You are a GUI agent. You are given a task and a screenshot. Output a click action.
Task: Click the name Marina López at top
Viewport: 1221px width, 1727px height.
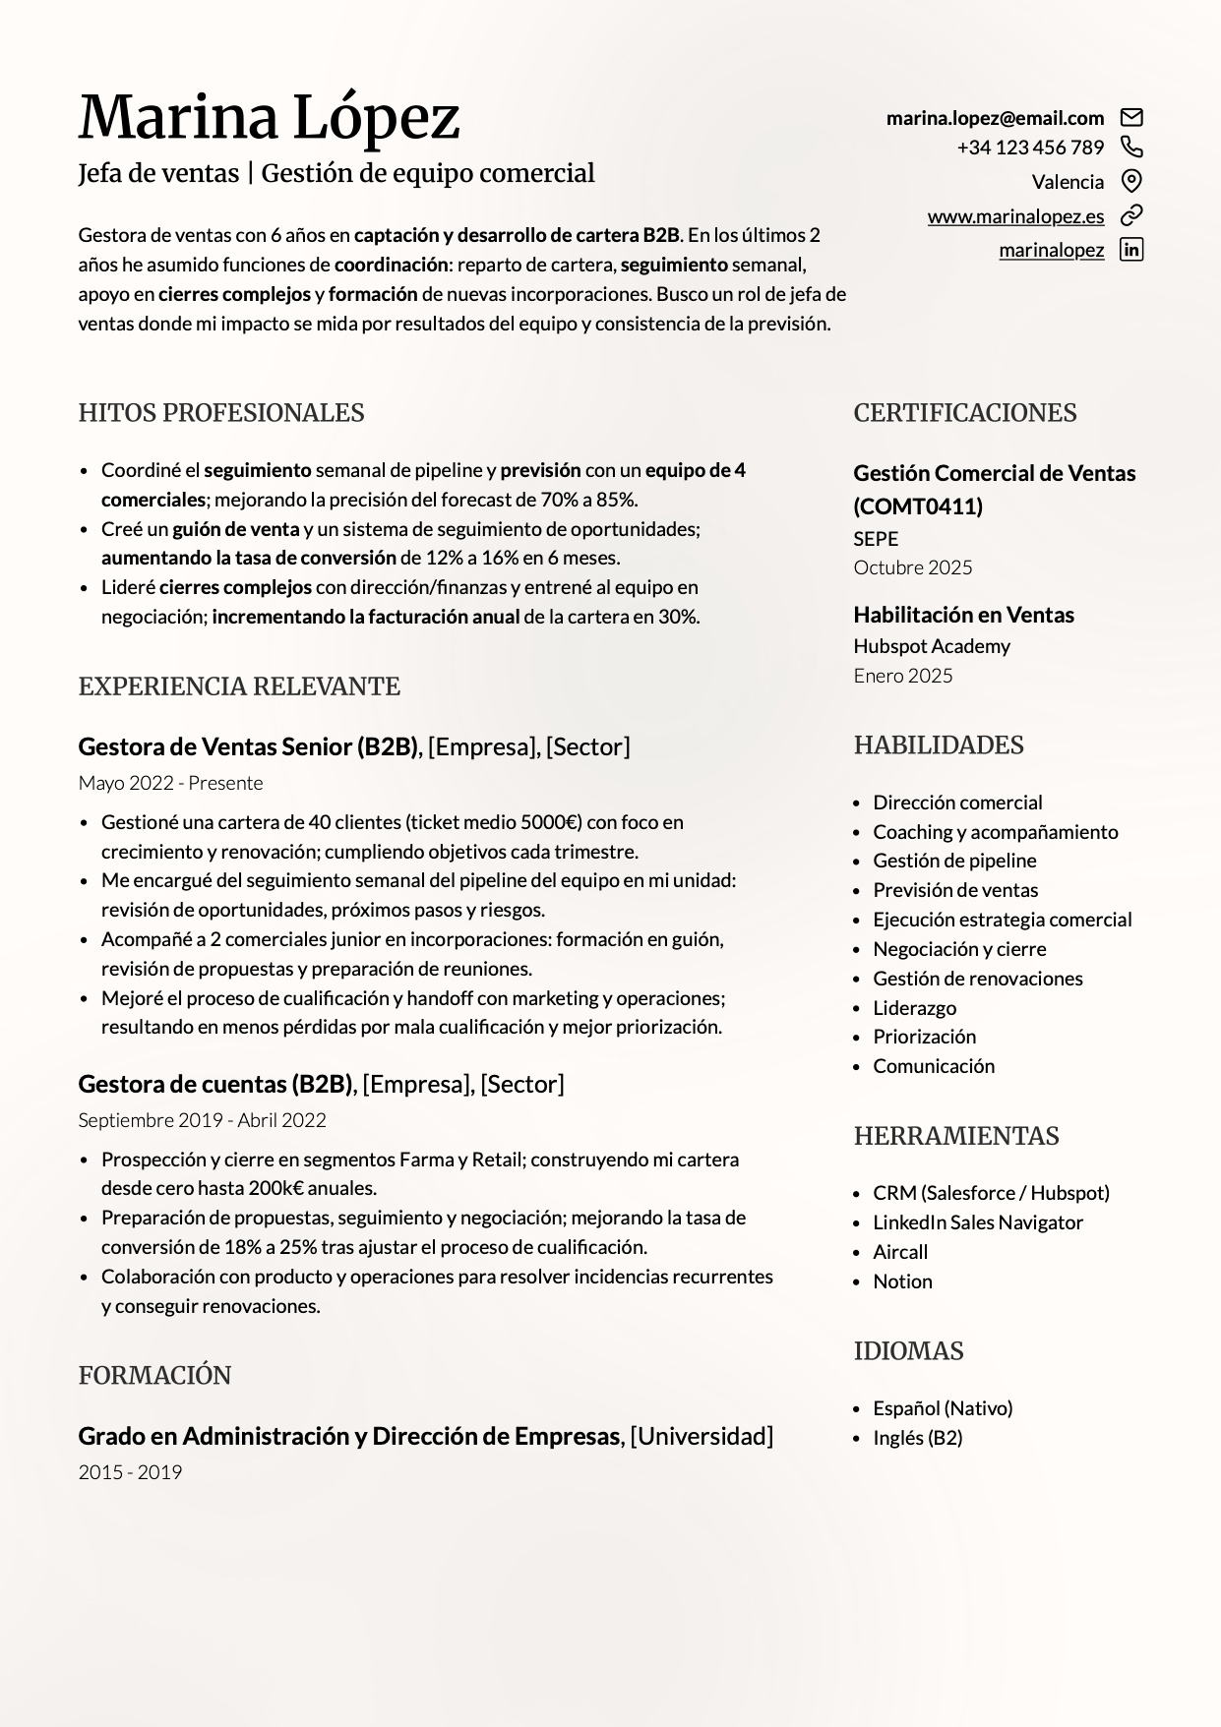[x=269, y=117]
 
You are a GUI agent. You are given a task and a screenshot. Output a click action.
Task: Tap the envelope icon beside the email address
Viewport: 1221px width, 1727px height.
[x=1131, y=118]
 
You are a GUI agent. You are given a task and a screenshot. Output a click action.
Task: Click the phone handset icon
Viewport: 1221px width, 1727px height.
[x=1131, y=148]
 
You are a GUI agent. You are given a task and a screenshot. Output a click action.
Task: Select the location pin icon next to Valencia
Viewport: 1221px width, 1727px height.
[x=1131, y=181]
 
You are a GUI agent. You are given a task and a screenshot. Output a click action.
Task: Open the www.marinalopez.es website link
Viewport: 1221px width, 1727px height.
[x=1015, y=216]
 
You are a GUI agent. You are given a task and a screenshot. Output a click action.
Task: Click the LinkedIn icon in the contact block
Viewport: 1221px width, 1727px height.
[x=1131, y=250]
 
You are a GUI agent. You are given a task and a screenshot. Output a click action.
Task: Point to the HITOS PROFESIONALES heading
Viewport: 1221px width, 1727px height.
[x=221, y=413]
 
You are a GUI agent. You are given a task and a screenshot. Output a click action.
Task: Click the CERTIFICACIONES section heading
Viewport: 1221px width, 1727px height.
[x=964, y=413]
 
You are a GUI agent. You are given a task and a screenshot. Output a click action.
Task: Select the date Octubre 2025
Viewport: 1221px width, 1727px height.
[x=912, y=567]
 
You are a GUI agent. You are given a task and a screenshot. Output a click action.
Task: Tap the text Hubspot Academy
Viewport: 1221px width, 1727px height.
[x=931, y=646]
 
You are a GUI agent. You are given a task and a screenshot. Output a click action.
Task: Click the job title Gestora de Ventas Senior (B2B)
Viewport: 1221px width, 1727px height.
[x=248, y=746]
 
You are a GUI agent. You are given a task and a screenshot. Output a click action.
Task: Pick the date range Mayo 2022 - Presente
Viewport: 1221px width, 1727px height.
[x=170, y=783]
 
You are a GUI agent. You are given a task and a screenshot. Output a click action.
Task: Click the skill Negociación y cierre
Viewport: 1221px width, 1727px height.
[x=959, y=949]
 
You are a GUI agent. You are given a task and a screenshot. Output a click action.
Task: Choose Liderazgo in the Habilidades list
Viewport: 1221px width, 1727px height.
[x=914, y=1008]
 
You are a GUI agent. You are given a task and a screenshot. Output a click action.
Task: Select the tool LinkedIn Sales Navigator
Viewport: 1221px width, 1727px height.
[x=977, y=1222]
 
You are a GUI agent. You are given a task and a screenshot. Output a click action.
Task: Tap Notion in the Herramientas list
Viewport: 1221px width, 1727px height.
[x=902, y=1281]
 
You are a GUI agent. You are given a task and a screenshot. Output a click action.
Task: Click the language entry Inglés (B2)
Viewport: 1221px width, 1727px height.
[x=917, y=1438]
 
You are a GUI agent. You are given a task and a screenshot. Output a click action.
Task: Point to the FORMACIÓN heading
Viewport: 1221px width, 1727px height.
[x=154, y=1376]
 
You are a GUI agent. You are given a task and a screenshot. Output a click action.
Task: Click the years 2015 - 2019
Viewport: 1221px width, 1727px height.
[x=130, y=1472]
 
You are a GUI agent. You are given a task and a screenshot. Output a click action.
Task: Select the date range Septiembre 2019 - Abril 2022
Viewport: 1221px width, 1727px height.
[x=202, y=1120]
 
